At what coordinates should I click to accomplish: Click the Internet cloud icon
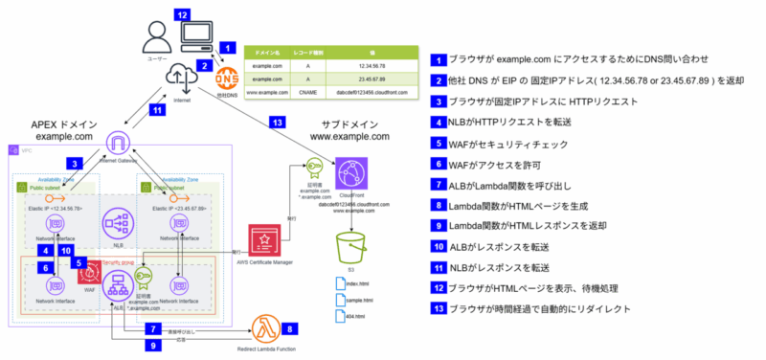[181, 77]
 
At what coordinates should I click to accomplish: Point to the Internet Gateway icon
[116, 146]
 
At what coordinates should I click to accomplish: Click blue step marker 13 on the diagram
[278, 122]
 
